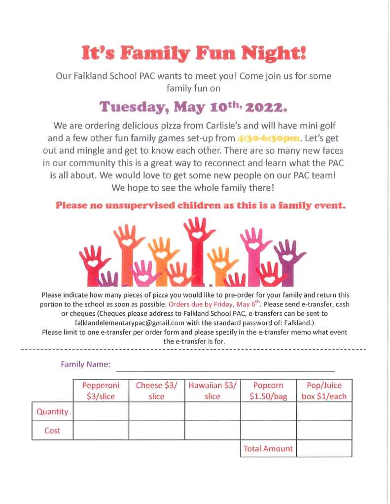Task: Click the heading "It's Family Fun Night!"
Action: coord(195,53)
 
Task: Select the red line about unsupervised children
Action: coord(200,206)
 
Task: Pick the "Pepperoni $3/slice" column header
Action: coord(101,391)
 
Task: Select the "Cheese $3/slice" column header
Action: coord(157,391)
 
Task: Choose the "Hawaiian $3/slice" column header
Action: coord(213,391)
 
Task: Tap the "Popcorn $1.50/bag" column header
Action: coord(268,391)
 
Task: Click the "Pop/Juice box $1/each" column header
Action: coord(324,391)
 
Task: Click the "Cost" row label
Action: coord(52,430)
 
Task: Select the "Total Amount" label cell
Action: coord(268,448)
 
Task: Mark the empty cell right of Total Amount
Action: coord(324,448)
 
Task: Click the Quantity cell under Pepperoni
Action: coord(101,411)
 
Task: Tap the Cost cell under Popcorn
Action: coord(268,430)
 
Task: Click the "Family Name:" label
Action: coord(85,365)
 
